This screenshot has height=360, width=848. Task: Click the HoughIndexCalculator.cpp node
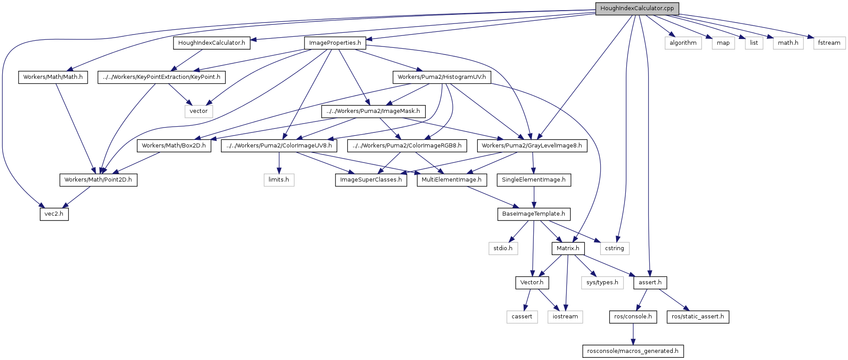click(637, 8)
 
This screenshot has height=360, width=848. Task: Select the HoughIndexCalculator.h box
click(212, 43)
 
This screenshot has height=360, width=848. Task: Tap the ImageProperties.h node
click(335, 43)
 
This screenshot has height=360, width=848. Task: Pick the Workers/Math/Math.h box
click(53, 77)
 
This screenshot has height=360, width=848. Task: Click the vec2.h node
click(54, 214)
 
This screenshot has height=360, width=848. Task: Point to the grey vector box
click(199, 111)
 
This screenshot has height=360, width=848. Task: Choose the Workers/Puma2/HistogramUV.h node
click(441, 77)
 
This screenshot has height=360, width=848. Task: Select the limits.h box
click(279, 180)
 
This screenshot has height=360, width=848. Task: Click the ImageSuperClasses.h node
click(371, 180)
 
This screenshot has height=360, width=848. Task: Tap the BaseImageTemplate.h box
click(533, 214)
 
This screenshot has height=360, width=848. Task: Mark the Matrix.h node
click(568, 248)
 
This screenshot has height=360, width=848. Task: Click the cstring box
click(614, 248)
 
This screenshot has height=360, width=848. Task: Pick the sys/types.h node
click(602, 283)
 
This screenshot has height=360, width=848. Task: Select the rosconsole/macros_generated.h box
click(632, 351)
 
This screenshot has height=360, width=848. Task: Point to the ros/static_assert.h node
click(698, 317)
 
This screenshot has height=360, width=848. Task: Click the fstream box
click(829, 43)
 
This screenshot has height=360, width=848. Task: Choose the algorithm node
click(683, 43)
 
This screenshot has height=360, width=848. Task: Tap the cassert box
click(522, 317)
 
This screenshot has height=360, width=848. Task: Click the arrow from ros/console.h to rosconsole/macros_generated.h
click(633, 334)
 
